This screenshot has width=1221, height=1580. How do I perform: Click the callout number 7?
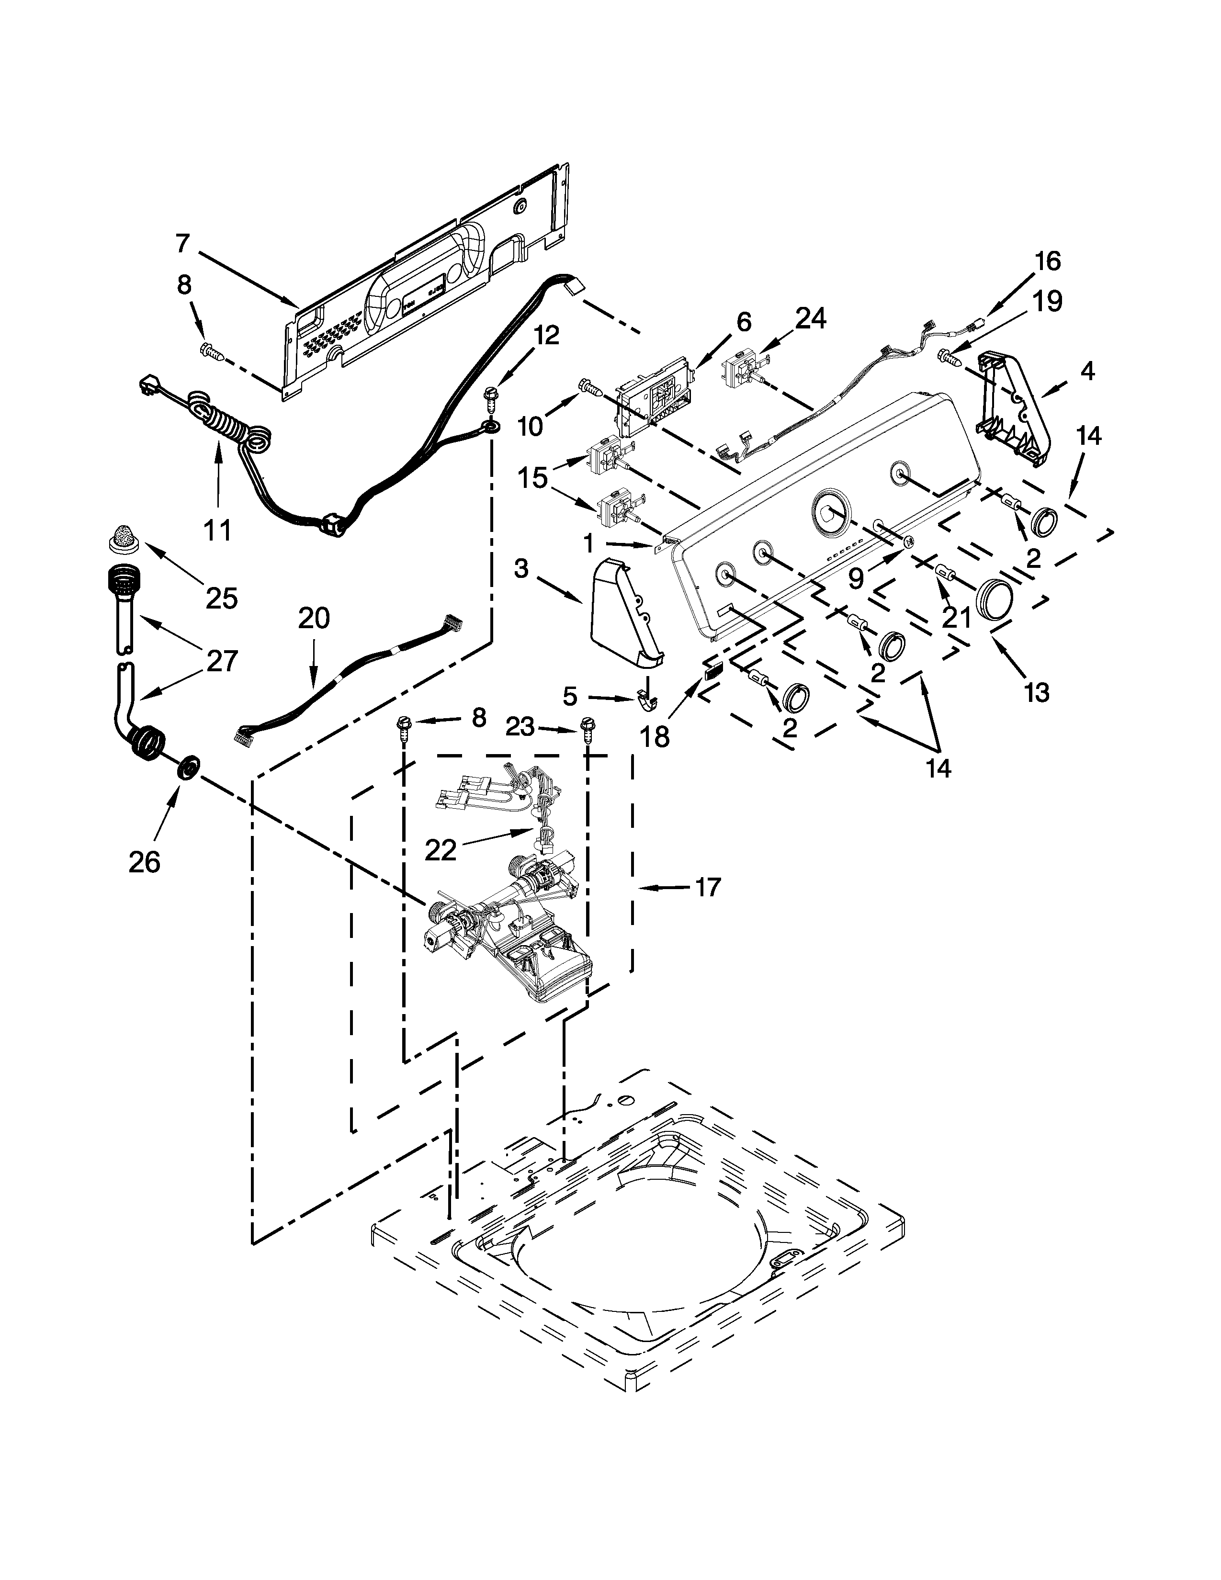click(x=182, y=244)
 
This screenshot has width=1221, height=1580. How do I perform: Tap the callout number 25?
click(x=221, y=598)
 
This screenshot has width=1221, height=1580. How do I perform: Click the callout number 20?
click(x=313, y=618)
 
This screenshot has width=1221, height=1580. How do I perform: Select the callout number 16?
click(x=1047, y=261)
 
